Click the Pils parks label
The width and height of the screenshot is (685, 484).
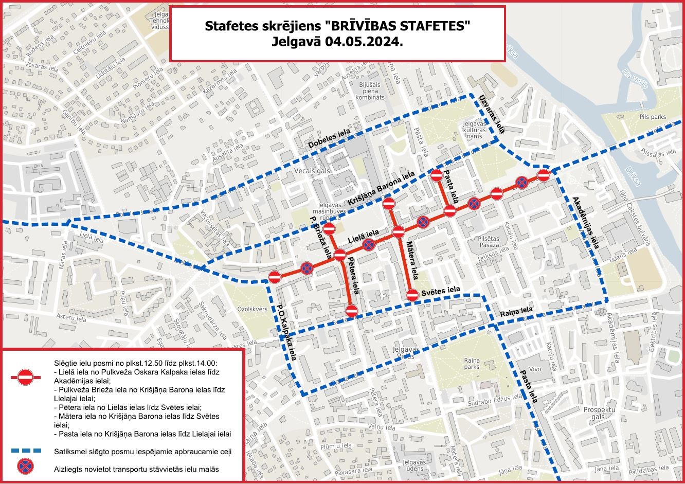tap(653, 117)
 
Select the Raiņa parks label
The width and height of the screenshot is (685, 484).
tap(472, 364)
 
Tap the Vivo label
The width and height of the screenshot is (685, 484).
tap(535, 369)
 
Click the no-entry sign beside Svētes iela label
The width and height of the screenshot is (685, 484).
tap(412, 295)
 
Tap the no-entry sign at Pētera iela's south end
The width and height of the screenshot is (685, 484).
tap(352, 311)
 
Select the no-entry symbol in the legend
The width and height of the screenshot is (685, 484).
tap(25, 378)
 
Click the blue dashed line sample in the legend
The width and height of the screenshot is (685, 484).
tap(26, 451)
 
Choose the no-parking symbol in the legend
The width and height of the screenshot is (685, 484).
tap(25, 467)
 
